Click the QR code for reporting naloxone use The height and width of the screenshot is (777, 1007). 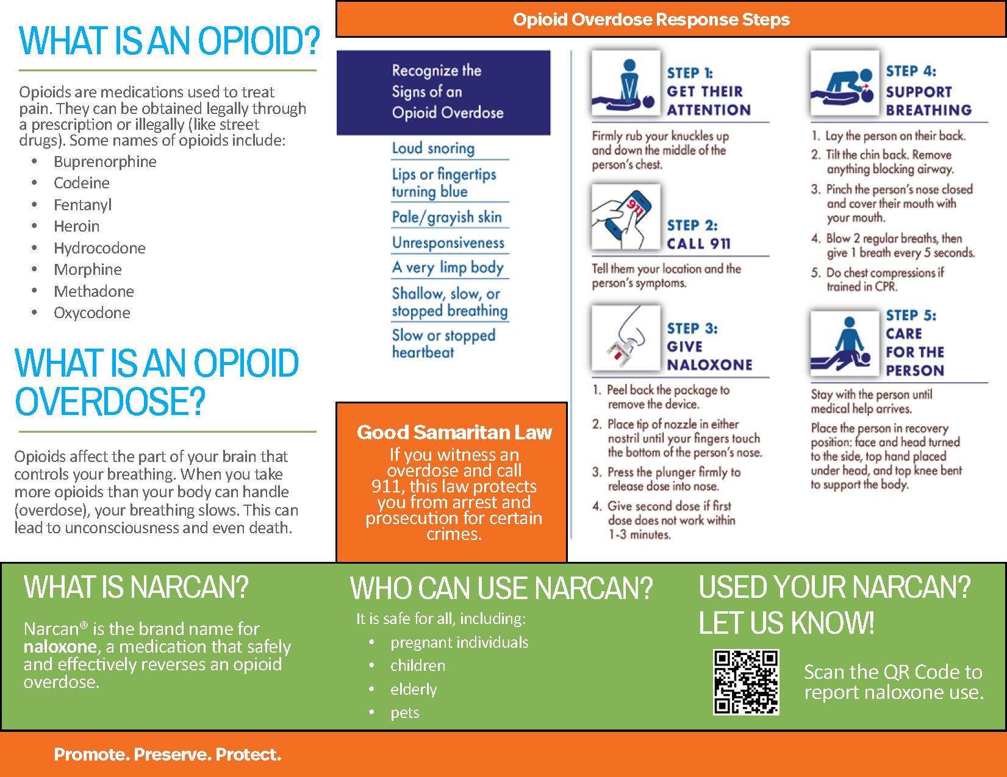(746, 682)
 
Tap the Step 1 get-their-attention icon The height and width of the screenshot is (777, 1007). (626, 83)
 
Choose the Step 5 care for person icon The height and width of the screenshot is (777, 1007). (845, 343)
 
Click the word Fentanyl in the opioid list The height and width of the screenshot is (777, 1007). (82, 205)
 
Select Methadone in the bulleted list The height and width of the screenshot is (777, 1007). (93, 291)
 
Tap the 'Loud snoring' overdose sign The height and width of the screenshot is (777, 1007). (433, 148)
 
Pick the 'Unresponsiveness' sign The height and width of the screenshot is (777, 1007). (448, 243)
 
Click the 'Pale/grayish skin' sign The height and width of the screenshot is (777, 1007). (446, 217)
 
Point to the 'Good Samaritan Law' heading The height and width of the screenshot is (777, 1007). (454, 432)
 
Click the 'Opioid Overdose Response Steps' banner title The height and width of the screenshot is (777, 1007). (651, 20)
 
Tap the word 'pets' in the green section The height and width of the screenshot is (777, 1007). (405, 712)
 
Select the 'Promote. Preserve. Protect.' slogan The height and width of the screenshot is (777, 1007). (168, 754)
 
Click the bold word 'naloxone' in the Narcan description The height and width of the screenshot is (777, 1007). (60, 647)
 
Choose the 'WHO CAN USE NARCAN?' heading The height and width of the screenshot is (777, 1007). (501, 588)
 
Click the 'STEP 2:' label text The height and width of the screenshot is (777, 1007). (692, 225)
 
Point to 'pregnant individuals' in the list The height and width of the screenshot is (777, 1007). (459, 642)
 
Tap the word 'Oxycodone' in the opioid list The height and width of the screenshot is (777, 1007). (91, 313)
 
